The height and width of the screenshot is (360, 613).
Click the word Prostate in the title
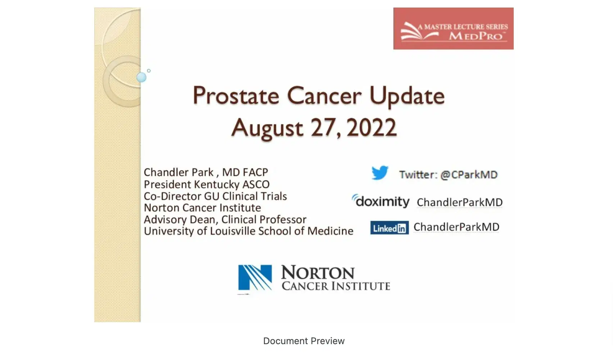coord(236,96)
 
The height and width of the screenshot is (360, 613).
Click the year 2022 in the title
coord(371,127)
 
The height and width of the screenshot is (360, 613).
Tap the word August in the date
coord(267,128)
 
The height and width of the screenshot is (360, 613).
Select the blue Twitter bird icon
coord(380,173)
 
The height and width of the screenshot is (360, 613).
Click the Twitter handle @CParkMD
coord(469,175)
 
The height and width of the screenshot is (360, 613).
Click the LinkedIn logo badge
coord(389,228)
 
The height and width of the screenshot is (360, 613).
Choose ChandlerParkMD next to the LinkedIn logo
coord(456,227)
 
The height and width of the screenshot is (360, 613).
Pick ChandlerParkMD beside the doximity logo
coord(459,202)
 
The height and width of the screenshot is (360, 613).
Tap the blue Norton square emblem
coord(255,277)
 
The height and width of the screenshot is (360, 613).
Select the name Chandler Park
coord(179,172)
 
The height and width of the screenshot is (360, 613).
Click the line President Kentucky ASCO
coord(206,184)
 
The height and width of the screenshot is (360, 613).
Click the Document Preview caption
coord(304,341)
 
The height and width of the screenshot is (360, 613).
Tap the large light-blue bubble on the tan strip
coord(141,77)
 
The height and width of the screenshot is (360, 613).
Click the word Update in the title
coord(407,96)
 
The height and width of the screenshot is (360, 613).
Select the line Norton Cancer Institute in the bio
coord(202,208)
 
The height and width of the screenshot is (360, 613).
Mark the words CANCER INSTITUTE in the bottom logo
coord(336,286)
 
